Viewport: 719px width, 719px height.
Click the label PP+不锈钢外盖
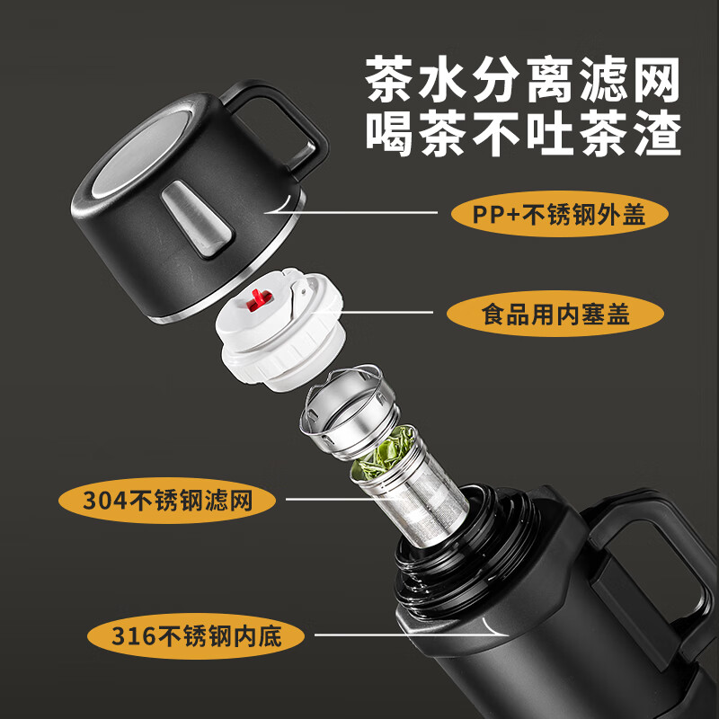pos(559,214)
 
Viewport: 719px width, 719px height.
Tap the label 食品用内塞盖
pos(555,314)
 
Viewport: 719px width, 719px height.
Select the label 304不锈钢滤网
pos(167,501)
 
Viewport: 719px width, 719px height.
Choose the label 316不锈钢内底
pos(196,636)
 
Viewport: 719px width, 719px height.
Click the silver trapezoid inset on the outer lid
pos(197,218)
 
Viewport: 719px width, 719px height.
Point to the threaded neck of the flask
pos(463,546)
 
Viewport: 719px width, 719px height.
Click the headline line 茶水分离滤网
pos(523,80)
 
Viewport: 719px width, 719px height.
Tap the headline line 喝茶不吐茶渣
pos(523,133)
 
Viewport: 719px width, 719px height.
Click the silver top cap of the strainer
pos(347,412)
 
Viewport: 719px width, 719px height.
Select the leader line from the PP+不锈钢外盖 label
pos(353,212)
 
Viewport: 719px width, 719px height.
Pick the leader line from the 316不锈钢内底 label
pos(411,634)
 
